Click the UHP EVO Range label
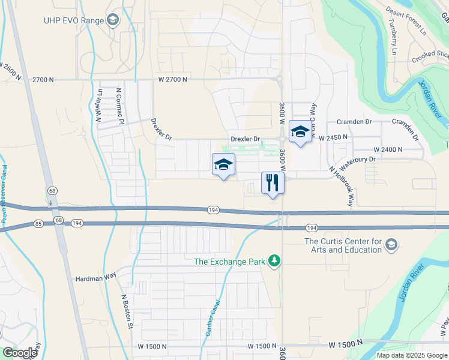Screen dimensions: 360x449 (73, 20)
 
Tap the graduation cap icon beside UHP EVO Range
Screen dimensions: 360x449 (112, 20)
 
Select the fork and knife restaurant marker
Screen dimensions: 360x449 (272, 183)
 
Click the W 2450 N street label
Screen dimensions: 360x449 (334, 138)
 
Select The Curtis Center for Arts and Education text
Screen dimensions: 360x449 (343, 245)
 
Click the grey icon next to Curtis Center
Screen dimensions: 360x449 (391, 244)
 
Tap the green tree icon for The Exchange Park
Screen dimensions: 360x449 (274, 261)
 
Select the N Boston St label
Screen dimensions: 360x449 (127, 311)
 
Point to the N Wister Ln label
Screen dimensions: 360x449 (99, 106)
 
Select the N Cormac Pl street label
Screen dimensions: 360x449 (119, 106)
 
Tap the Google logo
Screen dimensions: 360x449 (19, 353)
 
